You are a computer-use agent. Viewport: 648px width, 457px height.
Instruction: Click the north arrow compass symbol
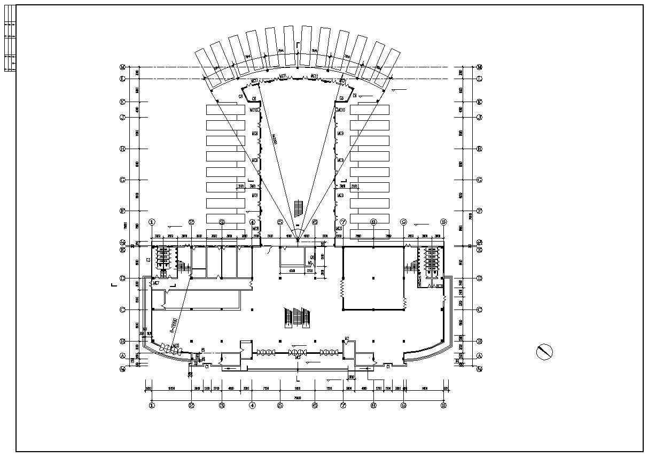(x=544, y=352)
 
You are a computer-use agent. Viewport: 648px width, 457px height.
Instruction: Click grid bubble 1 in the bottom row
(x=152, y=406)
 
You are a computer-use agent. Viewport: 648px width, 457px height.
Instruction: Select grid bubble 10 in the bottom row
(x=443, y=406)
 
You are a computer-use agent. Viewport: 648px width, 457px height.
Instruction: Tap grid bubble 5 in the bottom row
(x=279, y=406)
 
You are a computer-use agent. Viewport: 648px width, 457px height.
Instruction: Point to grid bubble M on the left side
(x=122, y=67)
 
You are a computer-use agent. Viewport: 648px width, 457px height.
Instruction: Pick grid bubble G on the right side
(x=479, y=180)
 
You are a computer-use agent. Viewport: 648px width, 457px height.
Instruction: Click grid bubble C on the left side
(x=122, y=309)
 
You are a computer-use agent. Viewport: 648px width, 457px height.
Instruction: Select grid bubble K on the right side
(x=479, y=102)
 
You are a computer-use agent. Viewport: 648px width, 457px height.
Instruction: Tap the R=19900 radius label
(x=174, y=326)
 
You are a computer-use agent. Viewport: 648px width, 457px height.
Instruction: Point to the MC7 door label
(x=156, y=283)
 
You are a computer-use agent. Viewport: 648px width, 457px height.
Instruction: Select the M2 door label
(x=347, y=338)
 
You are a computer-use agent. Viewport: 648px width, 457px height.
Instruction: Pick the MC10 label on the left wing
(x=254, y=110)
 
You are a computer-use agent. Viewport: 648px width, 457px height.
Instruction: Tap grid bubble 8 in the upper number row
(x=373, y=221)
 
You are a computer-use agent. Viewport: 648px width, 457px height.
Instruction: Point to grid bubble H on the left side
(x=122, y=149)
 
